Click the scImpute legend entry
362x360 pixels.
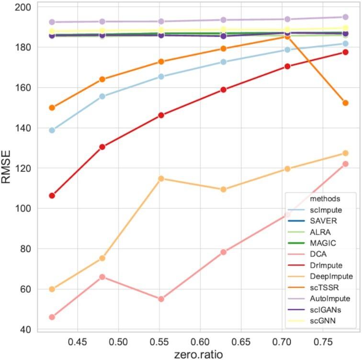coord(312,210)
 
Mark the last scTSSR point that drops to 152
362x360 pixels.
coord(345,103)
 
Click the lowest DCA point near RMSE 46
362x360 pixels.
coord(52,317)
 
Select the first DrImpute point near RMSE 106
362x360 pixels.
coord(52,195)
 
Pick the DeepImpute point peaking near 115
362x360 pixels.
coord(161,179)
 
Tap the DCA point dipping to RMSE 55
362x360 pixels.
coord(161,299)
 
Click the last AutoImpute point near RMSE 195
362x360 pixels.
coord(345,17)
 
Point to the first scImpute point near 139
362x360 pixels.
coord(52,130)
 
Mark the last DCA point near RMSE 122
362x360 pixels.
coord(345,164)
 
